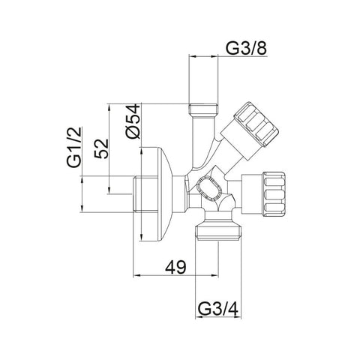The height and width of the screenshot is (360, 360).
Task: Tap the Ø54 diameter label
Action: click(x=132, y=119)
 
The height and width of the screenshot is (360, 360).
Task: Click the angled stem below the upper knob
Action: click(x=225, y=154)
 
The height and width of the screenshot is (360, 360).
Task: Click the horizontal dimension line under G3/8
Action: click(x=225, y=56)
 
